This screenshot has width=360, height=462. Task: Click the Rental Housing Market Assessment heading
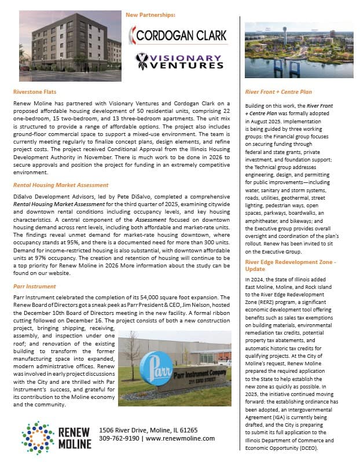[61, 185]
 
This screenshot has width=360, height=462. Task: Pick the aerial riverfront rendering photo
[299, 53]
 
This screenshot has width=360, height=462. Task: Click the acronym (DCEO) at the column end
[334, 449]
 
